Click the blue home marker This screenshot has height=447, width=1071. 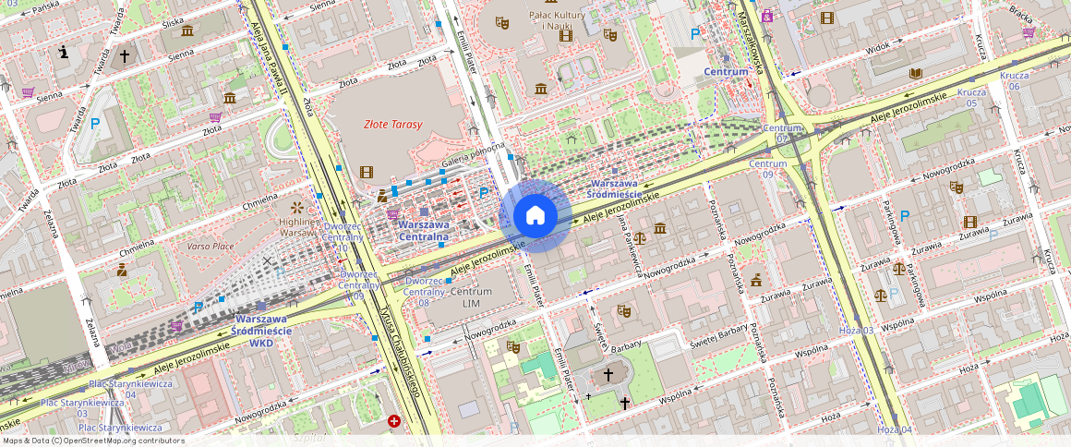pos(535,216)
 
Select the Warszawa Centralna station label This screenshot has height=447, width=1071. pos(423,231)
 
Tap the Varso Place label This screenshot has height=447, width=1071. pos(211,247)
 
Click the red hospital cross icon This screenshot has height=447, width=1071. pos(394,421)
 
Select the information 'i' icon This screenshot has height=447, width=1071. pos(63,53)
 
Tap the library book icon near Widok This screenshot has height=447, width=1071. pos(916,74)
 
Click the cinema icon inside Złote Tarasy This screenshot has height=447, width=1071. pos(367,172)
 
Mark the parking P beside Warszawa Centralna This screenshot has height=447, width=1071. pos(483,193)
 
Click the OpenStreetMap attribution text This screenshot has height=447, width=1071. pos(92,441)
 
